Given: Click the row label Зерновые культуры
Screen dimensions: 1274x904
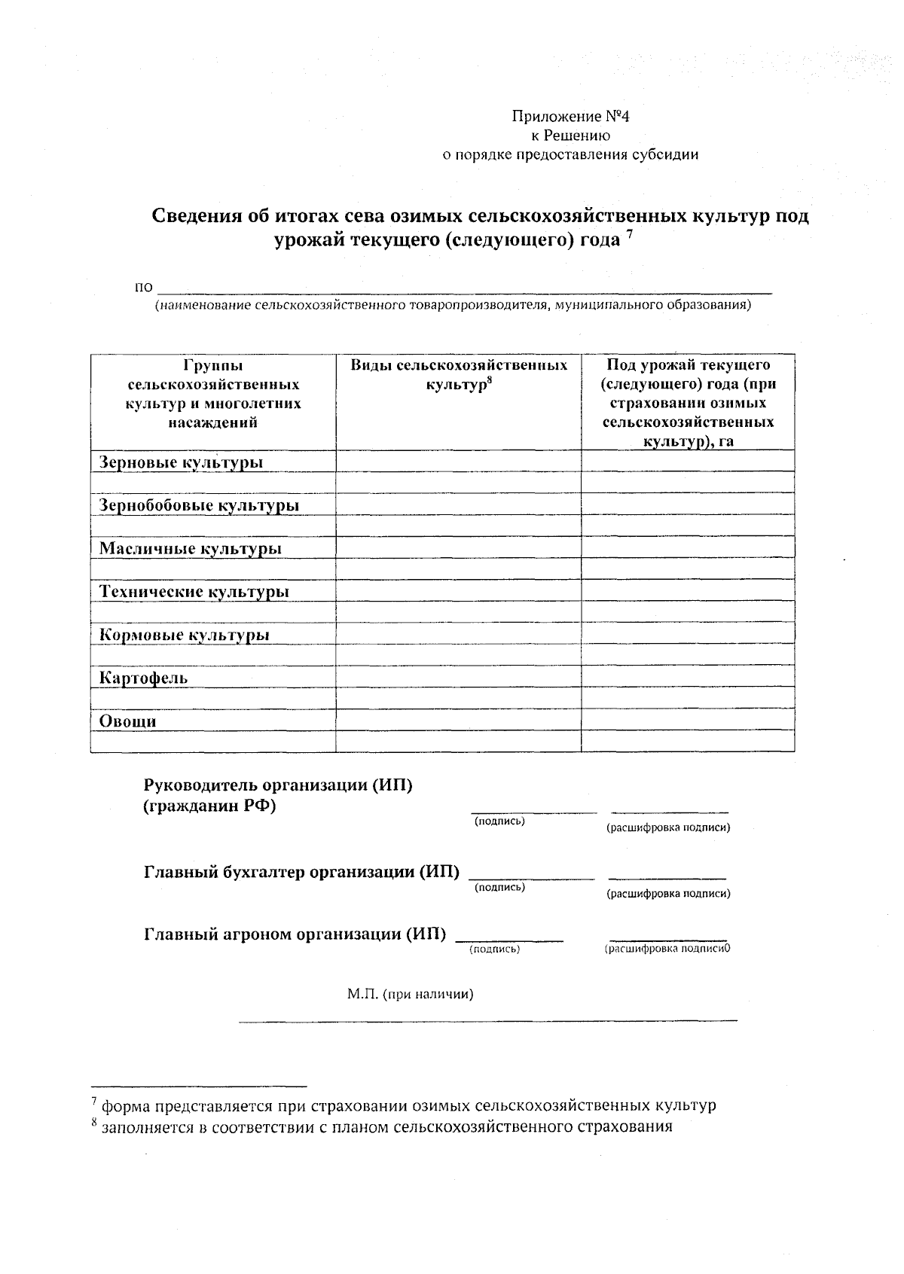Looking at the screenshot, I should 182,462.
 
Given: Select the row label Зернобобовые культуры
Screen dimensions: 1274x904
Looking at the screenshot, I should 199,505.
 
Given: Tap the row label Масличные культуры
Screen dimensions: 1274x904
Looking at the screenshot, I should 190,548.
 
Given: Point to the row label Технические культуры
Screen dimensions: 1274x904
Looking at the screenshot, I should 194,592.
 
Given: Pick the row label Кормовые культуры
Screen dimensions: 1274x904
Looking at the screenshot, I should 185,635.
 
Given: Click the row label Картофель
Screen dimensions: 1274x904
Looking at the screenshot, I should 143,678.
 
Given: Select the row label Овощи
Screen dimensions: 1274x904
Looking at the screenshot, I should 127,721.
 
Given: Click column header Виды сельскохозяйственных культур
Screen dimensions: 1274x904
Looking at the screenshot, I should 458,375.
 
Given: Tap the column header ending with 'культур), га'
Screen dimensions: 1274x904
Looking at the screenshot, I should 688,403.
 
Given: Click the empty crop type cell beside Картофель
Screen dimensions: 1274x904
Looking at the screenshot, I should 458,677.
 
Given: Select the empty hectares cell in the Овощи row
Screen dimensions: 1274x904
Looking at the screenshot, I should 688,720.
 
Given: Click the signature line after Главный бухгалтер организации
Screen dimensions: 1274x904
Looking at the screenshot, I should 532,876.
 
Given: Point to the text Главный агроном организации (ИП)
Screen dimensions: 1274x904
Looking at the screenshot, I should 295,934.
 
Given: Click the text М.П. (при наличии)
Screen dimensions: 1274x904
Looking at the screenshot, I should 410,994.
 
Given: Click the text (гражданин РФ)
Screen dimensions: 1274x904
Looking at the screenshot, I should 209,806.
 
